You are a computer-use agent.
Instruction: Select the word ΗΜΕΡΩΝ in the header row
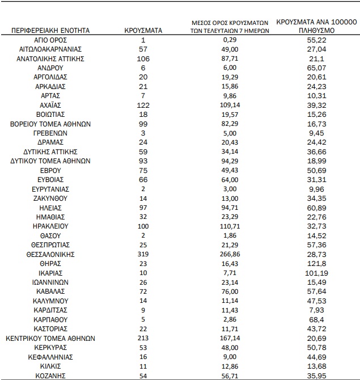click(253, 31)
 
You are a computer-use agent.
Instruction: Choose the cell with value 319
click(143, 254)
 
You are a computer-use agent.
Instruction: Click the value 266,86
click(230, 254)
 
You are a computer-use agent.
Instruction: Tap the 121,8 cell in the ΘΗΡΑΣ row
click(316, 263)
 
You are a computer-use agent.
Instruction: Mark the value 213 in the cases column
click(143, 337)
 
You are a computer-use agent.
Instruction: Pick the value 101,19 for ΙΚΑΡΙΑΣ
click(316, 272)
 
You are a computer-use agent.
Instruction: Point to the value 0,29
click(230, 40)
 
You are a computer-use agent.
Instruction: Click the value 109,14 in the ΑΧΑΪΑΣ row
click(230, 105)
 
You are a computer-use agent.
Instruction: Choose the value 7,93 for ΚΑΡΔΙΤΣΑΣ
click(316, 310)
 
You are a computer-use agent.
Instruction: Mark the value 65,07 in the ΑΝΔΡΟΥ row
click(316, 67)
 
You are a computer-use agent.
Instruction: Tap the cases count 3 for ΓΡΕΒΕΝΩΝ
click(143, 133)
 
